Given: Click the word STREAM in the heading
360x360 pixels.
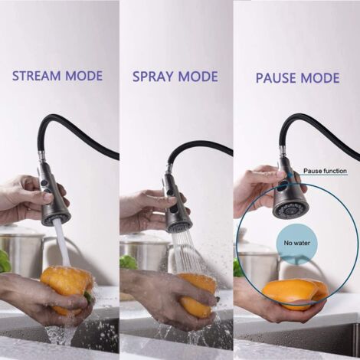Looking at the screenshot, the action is [37, 76].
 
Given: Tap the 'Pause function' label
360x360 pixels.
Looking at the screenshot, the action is [325, 171].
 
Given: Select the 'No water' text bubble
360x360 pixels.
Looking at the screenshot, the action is [297, 243].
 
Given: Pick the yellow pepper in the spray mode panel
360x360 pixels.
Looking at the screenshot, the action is [197, 295].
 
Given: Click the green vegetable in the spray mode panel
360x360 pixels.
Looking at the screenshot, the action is [129, 262].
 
